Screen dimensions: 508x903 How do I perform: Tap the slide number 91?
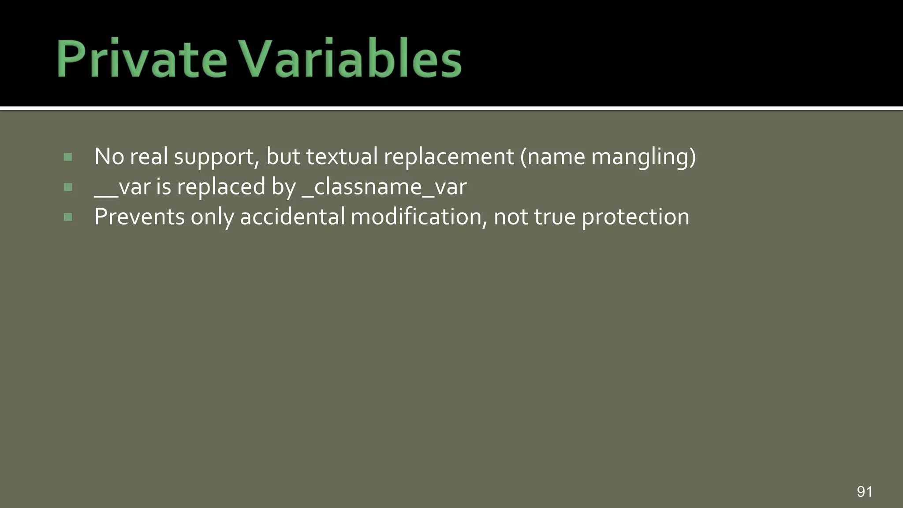[x=864, y=491]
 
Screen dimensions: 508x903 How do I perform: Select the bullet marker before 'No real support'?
[x=68, y=157]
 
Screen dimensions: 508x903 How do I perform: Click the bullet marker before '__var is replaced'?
[x=68, y=187]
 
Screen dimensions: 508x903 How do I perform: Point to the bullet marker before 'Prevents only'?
[x=68, y=217]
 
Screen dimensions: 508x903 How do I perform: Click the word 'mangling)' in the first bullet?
[x=643, y=157]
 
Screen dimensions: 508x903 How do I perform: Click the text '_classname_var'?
[x=384, y=187]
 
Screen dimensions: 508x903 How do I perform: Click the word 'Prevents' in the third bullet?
[x=139, y=217]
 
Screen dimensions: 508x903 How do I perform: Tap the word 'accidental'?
[x=292, y=217]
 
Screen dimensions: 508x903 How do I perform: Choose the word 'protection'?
[x=635, y=217]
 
